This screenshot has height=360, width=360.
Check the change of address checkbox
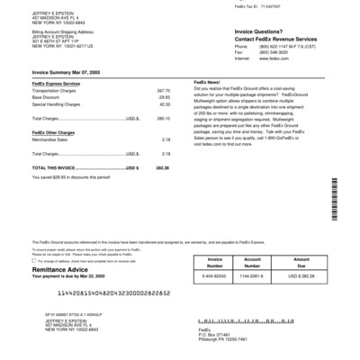click(x=34, y=260)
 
